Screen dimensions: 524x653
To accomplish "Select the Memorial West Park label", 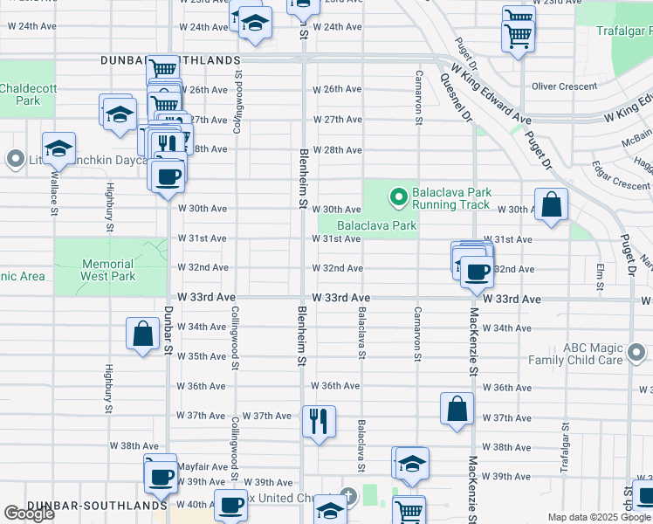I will (108, 270).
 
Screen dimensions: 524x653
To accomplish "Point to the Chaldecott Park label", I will (20, 94).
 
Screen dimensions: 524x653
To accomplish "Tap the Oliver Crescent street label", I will (564, 86).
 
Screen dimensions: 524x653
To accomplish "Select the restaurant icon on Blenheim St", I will (319, 421).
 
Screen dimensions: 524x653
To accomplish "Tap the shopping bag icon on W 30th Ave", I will (552, 205).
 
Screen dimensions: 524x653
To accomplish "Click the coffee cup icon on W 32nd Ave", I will (477, 271).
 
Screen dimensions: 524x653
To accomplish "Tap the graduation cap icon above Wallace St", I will (58, 148).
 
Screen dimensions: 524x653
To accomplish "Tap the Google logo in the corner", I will (30, 514).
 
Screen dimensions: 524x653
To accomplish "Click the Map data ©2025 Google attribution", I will (598, 517).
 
